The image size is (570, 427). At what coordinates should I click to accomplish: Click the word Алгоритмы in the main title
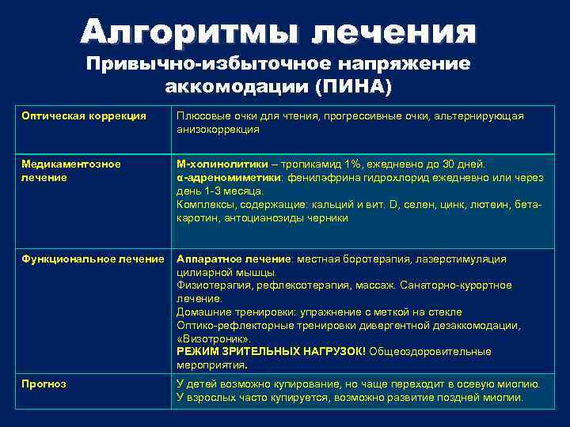[x=191, y=32]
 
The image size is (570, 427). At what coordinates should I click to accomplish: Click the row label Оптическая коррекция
[x=84, y=116]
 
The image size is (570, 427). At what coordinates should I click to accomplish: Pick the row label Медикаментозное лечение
[x=71, y=171]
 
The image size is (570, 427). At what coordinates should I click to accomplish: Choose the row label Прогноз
[x=44, y=384]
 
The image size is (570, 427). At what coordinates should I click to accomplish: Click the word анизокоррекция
[x=217, y=129]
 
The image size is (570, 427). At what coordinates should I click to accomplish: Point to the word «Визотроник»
[x=207, y=338]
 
